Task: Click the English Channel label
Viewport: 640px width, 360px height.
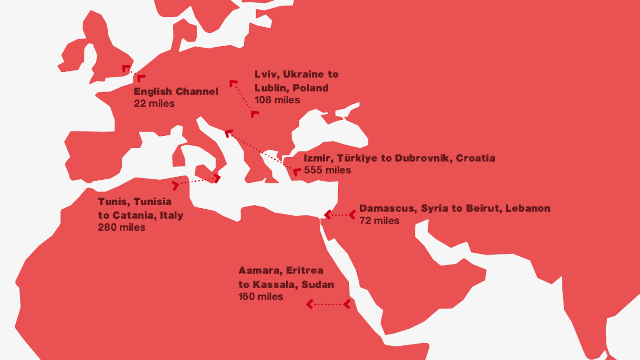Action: (176, 92)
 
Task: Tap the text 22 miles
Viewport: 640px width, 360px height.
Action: (154, 104)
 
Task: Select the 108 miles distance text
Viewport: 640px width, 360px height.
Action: (277, 100)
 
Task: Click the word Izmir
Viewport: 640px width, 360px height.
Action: (317, 158)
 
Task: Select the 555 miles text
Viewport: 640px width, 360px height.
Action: (327, 170)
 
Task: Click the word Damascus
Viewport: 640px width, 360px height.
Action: (386, 208)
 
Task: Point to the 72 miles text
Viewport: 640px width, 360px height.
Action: (379, 221)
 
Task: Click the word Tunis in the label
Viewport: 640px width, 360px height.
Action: (113, 202)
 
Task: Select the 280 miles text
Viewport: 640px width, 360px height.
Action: (122, 227)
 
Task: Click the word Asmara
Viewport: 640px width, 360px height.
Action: (259, 271)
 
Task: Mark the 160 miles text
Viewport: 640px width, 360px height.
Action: (260, 297)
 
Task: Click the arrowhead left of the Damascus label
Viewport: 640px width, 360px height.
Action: (352, 214)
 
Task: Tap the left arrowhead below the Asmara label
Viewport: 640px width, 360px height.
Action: (309, 304)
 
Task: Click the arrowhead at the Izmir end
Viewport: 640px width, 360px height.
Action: (297, 172)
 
